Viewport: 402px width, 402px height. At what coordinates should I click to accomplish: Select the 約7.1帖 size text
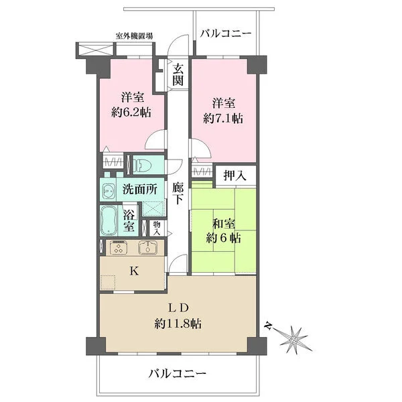(x=223, y=118)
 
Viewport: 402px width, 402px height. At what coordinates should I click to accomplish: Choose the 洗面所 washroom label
(x=139, y=190)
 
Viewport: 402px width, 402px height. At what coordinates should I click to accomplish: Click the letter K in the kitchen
(x=133, y=272)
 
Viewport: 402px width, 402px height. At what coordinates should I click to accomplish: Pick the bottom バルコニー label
(x=177, y=373)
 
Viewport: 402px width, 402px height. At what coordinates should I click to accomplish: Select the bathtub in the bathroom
(x=109, y=220)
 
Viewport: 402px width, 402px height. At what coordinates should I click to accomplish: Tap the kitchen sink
(x=147, y=248)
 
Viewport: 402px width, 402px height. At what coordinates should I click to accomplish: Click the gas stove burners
(x=117, y=248)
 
